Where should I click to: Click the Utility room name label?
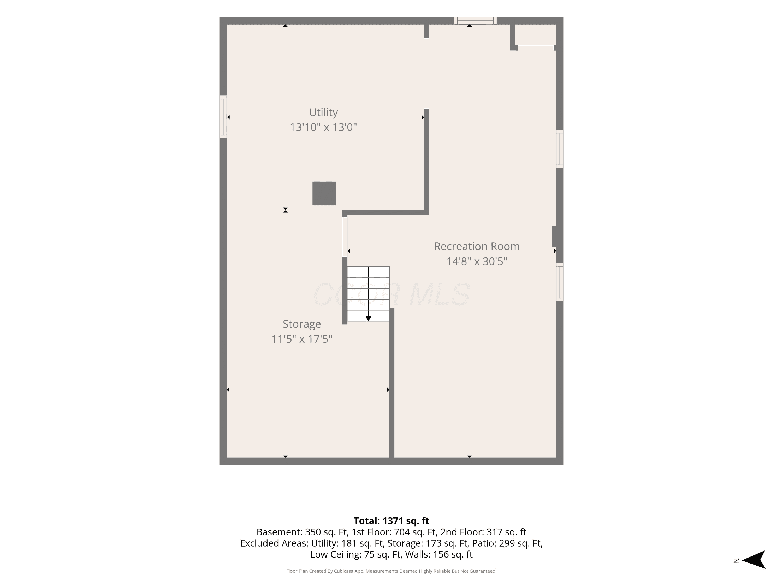click(323, 112)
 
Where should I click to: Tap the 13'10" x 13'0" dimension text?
click(323, 127)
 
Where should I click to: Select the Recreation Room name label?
click(477, 246)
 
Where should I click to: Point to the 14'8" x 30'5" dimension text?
click(477, 261)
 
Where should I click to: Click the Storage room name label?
click(302, 324)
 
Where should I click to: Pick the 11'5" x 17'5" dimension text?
click(302, 339)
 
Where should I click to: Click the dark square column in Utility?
click(324, 193)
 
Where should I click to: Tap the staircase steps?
click(368, 294)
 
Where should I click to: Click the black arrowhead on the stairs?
click(368, 319)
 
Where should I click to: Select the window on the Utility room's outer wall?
click(223, 117)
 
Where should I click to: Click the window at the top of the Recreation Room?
click(475, 21)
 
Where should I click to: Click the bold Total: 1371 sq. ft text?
click(391, 521)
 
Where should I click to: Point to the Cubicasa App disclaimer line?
click(391, 571)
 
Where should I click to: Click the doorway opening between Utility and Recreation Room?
click(426, 73)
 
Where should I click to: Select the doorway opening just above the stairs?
click(345, 237)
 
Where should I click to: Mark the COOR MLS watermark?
click(391, 294)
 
